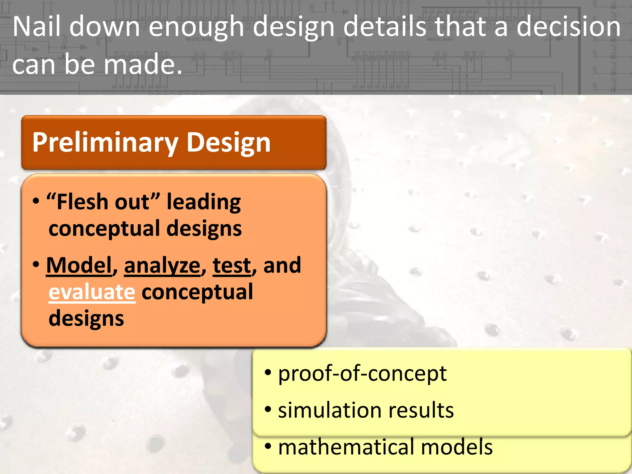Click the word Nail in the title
[x=37, y=27]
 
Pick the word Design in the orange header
[x=229, y=143]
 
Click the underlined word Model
[x=79, y=265]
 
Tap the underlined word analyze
[x=162, y=266]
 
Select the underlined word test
[x=232, y=265]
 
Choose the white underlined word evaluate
[x=92, y=292]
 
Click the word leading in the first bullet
[x=204, y=202]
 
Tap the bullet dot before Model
[x=36, y=264]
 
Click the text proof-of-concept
[x=362, y=373]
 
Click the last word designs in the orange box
[x=86, y=318]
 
